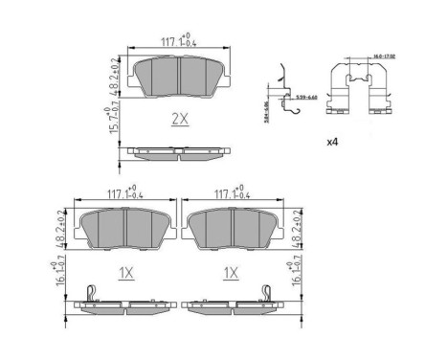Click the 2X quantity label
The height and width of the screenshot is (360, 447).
click(180, 120)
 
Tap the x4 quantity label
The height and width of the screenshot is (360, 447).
click(335, 142)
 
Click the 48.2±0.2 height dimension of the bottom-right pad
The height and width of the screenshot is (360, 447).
click(297, 230)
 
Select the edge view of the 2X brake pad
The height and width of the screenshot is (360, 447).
click(179, 151)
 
